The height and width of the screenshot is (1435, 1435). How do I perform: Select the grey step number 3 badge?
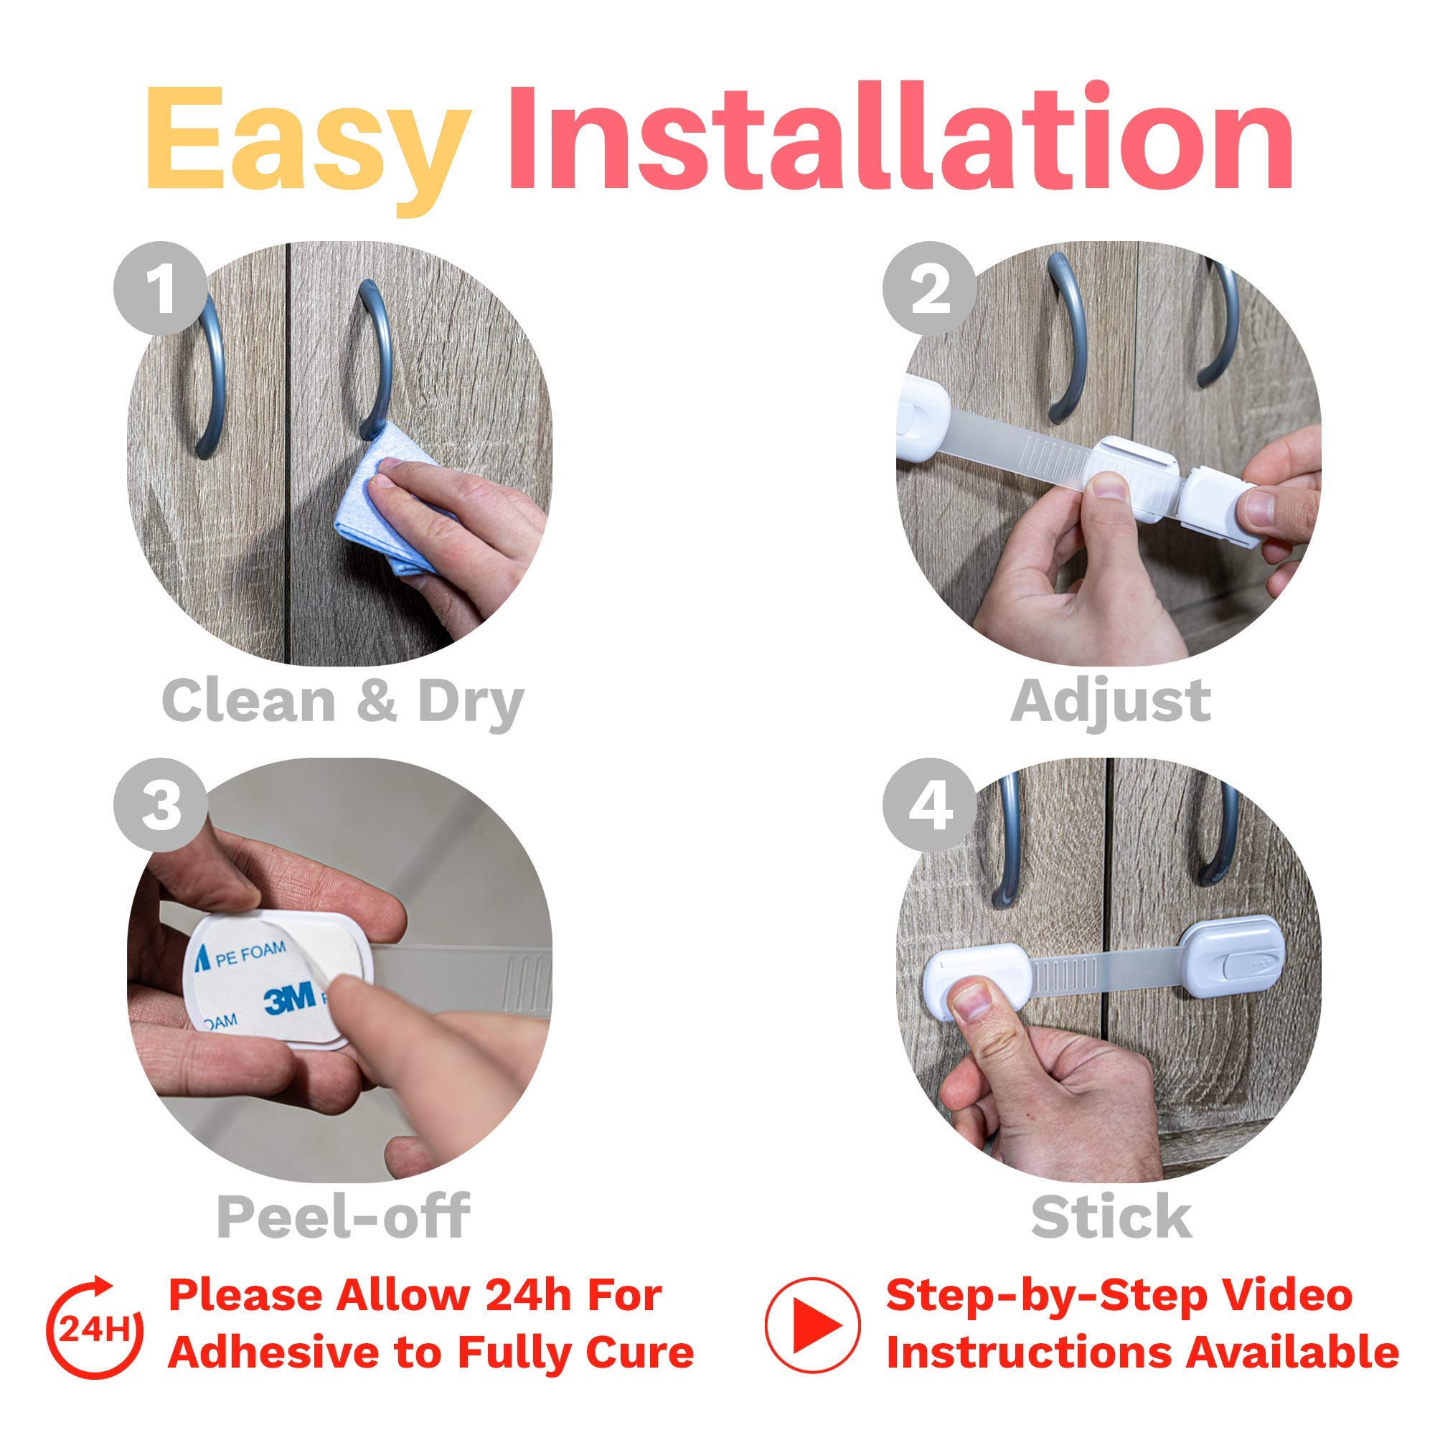[x=161, y=805]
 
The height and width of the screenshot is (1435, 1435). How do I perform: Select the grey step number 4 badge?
[x=929, y=805]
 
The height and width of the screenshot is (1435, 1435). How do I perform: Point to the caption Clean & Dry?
[x=342, y=701]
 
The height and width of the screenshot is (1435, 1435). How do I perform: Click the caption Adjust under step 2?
[x=1111, y=701]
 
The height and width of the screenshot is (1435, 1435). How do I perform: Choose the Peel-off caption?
[x=342, y=1216]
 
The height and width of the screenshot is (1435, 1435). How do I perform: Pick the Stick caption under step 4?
[x=1111, y=1216]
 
